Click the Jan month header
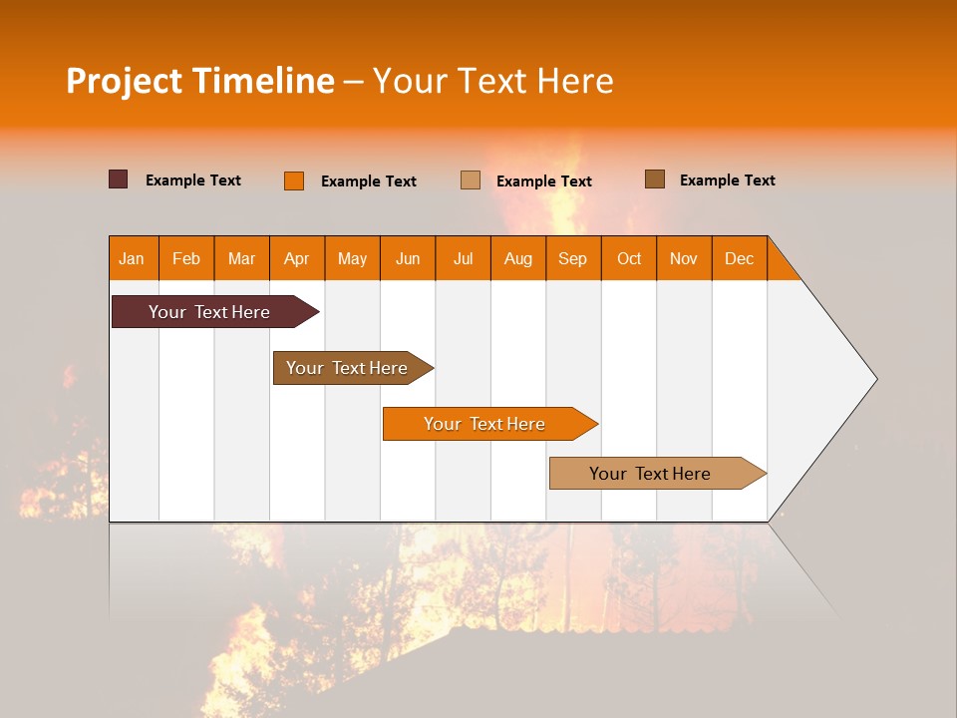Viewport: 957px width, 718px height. pos(132,258)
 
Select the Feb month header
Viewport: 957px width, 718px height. pos(186,258)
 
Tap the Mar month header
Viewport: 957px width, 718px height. pos(241,258)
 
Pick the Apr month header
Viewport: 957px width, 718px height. pos(297,258)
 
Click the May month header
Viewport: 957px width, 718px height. pos(352,258)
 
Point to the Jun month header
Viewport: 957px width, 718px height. pos(408,258)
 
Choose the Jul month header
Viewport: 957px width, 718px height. pos(463,258)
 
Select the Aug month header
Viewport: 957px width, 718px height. pos(518,258)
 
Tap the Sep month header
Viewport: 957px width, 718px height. pos(573,258)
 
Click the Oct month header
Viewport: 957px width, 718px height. pos(629,258)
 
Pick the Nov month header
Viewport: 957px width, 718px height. pos(684,258)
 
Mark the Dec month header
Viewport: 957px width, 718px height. pos(740,258)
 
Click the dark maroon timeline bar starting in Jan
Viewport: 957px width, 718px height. pos(209,312)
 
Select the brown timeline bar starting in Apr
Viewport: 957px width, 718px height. pos(347,368)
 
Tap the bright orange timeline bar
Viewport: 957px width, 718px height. pos(484,424)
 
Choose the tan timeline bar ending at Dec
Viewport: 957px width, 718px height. pos(650,474)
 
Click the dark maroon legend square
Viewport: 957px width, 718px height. pos(119,179)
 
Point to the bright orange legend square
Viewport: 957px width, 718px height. pos(294,180)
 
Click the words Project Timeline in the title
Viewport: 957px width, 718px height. pos(200,81)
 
